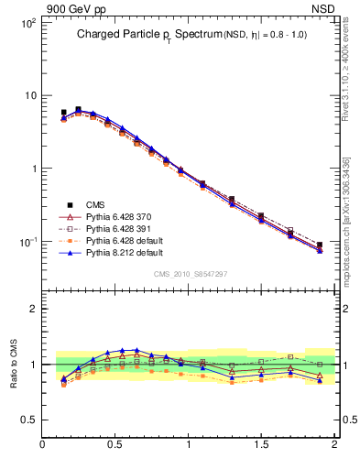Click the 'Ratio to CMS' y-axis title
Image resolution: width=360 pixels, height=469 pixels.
[14, 363]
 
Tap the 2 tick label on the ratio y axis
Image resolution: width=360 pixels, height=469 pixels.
[32, 309]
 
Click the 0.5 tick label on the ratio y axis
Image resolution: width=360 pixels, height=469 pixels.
[27, 420]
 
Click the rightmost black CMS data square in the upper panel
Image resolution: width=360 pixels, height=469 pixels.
[320, 245]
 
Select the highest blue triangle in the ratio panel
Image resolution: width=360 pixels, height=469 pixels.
[136, 350]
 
